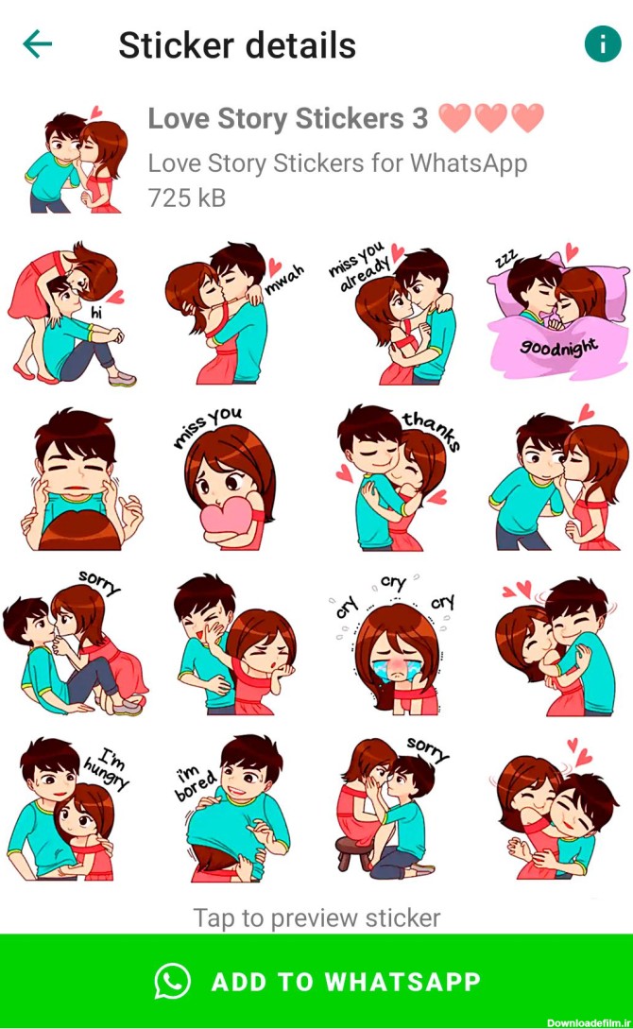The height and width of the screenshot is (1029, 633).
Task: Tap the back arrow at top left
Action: (x=38, y=44)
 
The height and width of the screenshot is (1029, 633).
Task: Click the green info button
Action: (x=602, y=44)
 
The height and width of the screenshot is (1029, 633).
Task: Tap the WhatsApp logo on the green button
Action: (x=173, y=981)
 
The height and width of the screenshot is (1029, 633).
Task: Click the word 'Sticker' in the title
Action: (x=176, y=45)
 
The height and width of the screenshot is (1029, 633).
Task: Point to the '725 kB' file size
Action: (x=187, y=197)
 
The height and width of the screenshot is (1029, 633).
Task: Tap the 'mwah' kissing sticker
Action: (x=233, y=314)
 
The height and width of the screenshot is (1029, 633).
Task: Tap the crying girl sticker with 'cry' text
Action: (x=394, y=644)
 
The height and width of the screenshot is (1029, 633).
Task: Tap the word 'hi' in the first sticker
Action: (x=97, y=314)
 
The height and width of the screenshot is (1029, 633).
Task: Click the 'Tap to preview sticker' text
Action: (x=316, y=918)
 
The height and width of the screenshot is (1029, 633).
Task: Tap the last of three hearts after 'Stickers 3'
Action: (x=527, y=118)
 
